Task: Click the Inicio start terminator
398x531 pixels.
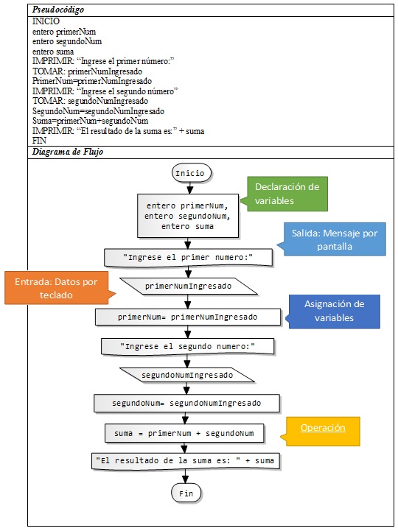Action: [x=192, y=173]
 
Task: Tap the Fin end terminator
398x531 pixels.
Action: [x=186, y=493]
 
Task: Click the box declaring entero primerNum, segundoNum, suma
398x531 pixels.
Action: [x=188, y=216]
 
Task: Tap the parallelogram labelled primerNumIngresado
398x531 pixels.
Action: [x=189, y=286]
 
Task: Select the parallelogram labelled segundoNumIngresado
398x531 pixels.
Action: [x=187, y=375]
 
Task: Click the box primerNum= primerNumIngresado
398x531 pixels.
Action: [x=188, y=317]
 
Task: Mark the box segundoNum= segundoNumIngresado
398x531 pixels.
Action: [x=186, y=403]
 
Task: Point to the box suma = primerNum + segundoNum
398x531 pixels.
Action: [x=184, y=433]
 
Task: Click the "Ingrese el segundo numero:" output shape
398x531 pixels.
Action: [x=187, y=346]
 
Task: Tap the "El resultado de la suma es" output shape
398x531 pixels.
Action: [x=186, y=461]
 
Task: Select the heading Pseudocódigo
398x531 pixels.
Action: [x=58, y=10]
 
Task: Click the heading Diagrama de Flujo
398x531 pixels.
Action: [x=68, y=152]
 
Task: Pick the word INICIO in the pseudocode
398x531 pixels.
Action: [x=46, y=21]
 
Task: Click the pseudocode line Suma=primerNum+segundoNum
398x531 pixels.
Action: [x=90, y=121]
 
